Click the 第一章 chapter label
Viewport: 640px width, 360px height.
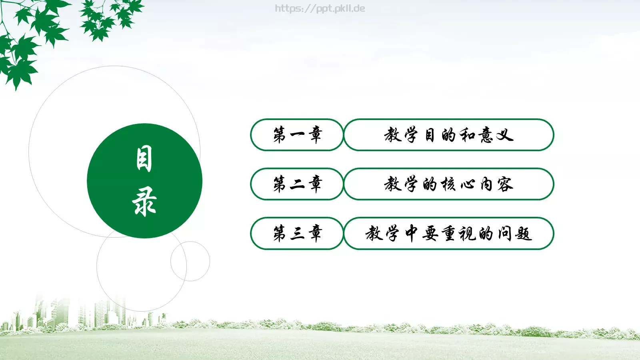point(297,135)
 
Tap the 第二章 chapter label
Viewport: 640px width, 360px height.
point(297,184)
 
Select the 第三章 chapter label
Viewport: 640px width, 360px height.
point(297,233)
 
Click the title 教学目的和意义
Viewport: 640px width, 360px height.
point(448,135)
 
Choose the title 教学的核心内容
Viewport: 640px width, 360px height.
point(448,184)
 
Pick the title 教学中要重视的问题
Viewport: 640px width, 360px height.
point(448,233)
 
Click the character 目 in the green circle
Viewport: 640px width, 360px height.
point(144,159)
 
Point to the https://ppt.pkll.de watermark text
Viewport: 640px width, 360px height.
point(320,8)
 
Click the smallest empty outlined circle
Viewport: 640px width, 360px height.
point(190,261)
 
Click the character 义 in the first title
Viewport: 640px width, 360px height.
point(505,135)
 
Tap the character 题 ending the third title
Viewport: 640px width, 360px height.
point(523,233)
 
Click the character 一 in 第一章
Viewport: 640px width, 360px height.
point(297,135)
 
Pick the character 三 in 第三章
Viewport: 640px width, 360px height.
point(297,233)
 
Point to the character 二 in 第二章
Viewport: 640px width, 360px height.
point(297,184)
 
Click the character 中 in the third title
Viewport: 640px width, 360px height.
point(411,233)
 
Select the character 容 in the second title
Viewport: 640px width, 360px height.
point(505,184)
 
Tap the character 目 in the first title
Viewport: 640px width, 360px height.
point(430,135)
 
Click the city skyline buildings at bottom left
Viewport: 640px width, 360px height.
point(80,314)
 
